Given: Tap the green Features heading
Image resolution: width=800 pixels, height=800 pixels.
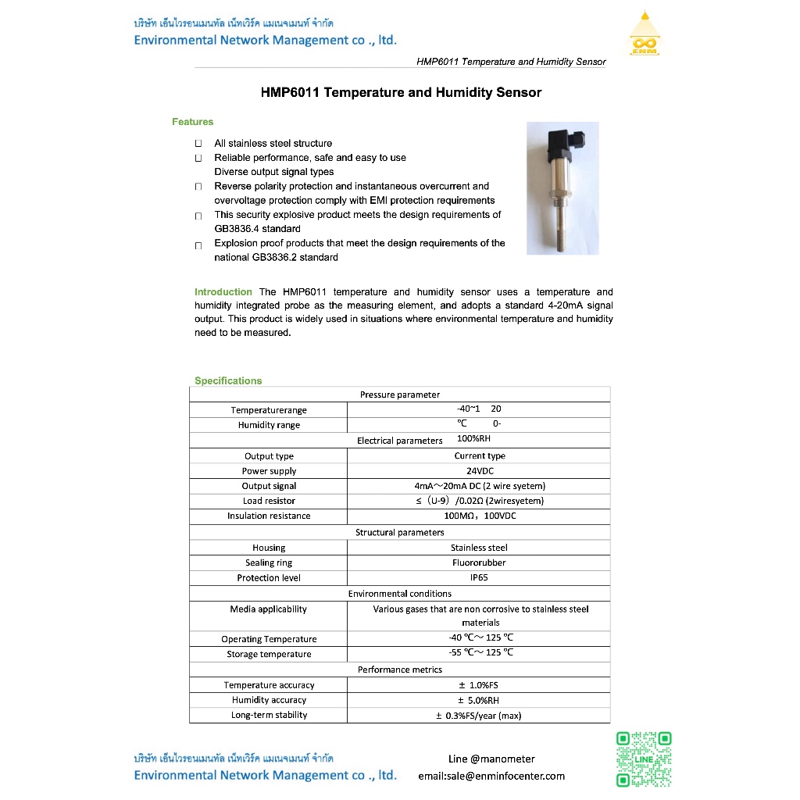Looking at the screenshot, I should point(192,122).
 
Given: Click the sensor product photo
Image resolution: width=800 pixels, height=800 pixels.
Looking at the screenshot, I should point(562,187).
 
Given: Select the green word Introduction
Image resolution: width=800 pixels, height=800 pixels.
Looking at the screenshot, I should point(223,291).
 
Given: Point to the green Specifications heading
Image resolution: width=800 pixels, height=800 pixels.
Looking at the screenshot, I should point(228,380).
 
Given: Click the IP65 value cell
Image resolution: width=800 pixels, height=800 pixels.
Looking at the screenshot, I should point(479,578).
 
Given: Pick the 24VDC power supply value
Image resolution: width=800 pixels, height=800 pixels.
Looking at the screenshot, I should point(480,471).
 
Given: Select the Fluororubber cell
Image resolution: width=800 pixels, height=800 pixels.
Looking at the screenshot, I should point(479,562).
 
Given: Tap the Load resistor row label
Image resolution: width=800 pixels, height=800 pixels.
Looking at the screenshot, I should point(269,501).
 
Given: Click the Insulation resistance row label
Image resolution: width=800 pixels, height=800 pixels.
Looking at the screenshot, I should point(269,516).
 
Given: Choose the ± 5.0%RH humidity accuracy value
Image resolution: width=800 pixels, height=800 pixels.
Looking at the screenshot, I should point(479,700).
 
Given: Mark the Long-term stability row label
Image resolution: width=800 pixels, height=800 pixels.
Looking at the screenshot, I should point(269,715).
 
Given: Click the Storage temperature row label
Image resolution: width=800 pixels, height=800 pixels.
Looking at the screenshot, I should point(269,654).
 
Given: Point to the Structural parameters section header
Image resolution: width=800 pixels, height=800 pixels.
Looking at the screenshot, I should point(399,532).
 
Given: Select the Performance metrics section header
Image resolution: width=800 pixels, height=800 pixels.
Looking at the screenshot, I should point(399,670).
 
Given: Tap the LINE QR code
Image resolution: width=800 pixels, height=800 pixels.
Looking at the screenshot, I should point(644,759).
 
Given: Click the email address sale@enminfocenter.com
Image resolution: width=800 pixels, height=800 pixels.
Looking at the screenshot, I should point(491,776).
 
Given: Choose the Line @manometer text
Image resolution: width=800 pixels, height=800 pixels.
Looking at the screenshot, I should point(491,759).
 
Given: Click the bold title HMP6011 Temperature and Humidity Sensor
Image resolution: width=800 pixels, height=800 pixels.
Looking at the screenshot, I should point(401,92).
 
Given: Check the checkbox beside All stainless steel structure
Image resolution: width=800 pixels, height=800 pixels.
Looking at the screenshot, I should point(198,144).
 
